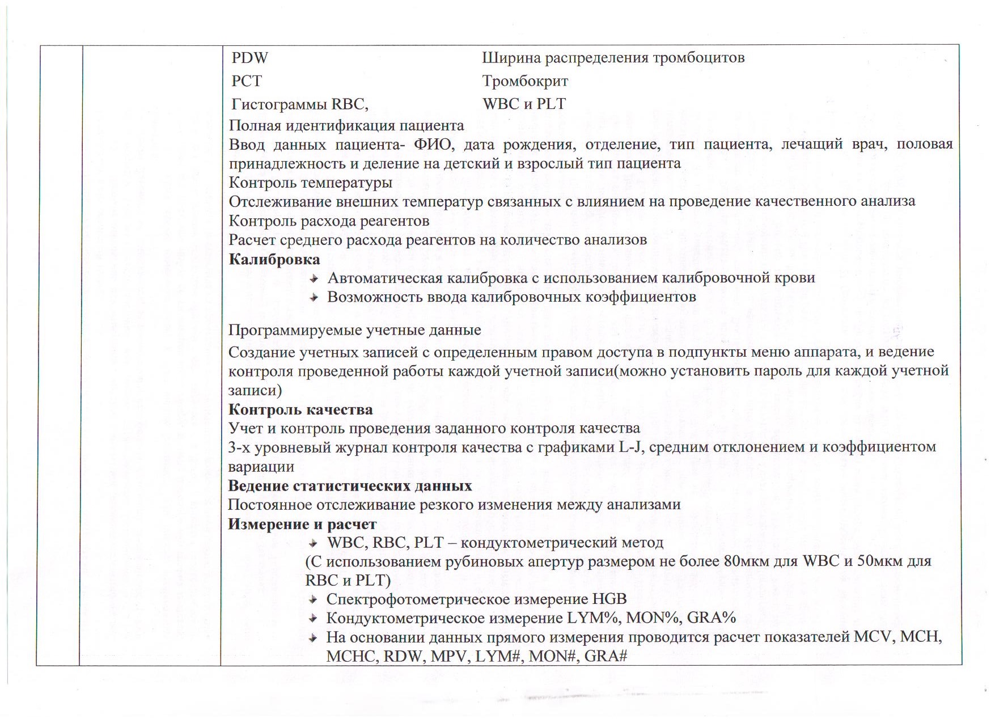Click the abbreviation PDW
[x=249, y=58]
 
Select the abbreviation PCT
[x=247, y=81]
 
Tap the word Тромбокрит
[x=525, y=81]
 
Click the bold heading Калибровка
[x=274, y=260]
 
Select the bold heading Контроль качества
[x=300, y=409]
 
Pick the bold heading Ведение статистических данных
[x=350, y=486]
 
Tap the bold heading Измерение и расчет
[x=302, y=524]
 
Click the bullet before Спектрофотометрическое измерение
[x=313, y=599]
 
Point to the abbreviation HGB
[x=609, y=599]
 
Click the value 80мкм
[x=747, y=561]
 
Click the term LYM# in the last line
[x=489, y=656]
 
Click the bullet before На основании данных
[x=313, y=637]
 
